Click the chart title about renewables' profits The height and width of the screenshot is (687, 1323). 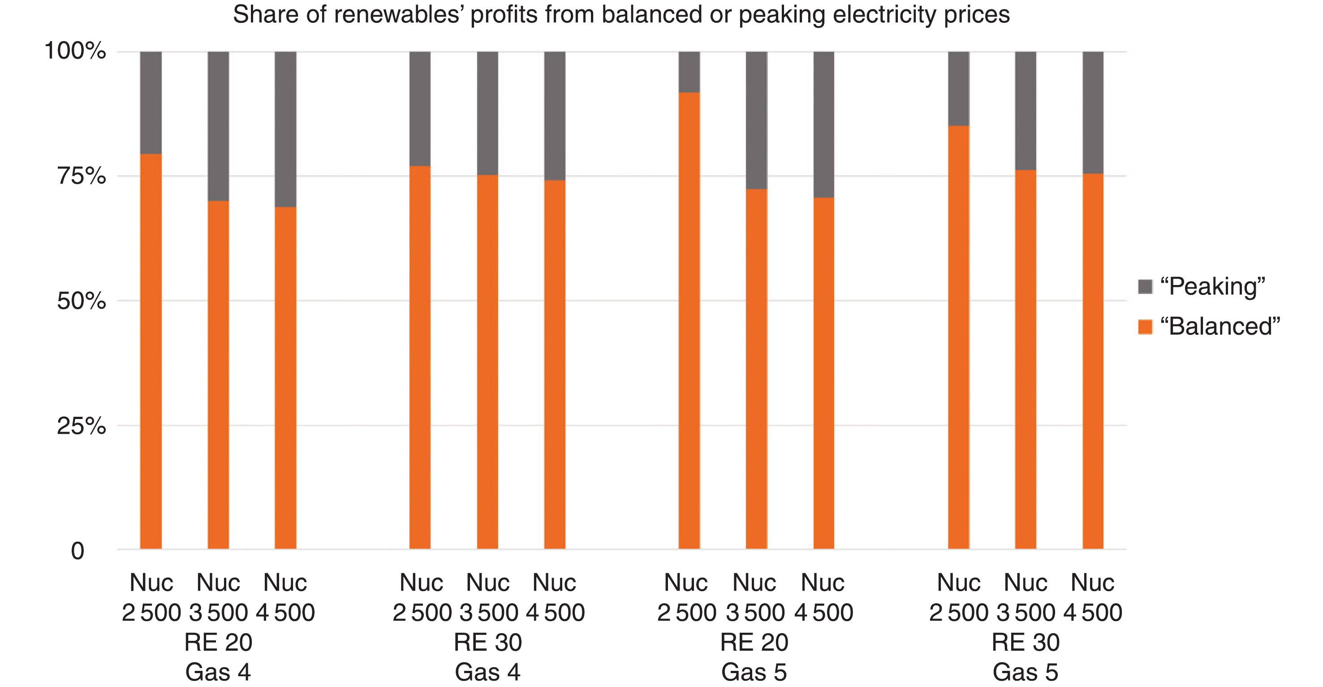point(621,14)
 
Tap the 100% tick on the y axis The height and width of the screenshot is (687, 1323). point(76,51)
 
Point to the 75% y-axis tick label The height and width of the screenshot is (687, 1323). point(82,176)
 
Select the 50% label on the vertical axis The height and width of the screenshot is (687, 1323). point(82,301)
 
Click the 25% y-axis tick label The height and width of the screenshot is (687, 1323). point(82,425)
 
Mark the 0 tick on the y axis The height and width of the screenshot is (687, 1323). point(78,551)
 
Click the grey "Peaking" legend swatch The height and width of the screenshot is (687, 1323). point(1145,286)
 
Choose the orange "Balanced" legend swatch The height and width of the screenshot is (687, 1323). point(1145,327)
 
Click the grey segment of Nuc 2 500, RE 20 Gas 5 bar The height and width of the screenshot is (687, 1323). point(689,72)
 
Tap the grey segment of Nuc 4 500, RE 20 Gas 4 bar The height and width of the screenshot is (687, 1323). point(285,129)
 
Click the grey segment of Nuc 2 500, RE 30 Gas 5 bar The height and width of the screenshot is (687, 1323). point(958,88)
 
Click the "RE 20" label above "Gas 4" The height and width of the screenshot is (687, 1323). point(218,642)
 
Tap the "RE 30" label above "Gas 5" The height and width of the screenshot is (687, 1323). point(1026,642)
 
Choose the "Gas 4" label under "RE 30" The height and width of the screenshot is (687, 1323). point(487,672)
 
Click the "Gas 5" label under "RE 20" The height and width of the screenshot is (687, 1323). point(754,672)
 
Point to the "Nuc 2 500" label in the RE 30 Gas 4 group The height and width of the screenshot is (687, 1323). point(422,597)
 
